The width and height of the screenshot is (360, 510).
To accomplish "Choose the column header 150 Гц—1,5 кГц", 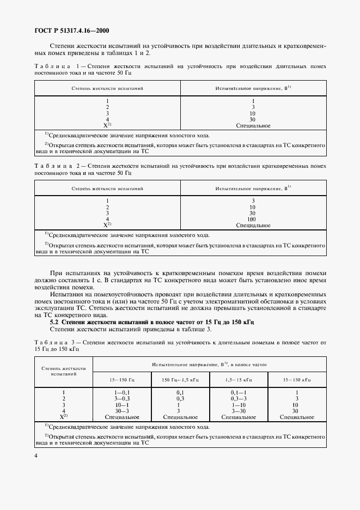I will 180,379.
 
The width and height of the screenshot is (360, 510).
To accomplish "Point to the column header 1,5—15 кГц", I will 239,379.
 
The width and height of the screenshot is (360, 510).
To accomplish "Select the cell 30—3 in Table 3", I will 123,411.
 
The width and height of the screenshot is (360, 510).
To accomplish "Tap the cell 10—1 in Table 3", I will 123,405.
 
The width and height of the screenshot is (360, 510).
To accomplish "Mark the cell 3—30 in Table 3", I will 239,411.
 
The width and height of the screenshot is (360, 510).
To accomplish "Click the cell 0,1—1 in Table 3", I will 239,392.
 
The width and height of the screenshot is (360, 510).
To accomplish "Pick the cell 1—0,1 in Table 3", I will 123,392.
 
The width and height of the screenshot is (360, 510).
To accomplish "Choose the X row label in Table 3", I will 64,417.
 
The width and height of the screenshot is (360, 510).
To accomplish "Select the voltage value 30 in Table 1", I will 253,119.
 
